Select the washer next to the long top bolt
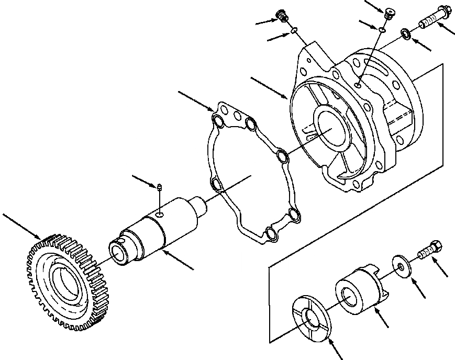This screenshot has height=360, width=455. click(406, 35)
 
